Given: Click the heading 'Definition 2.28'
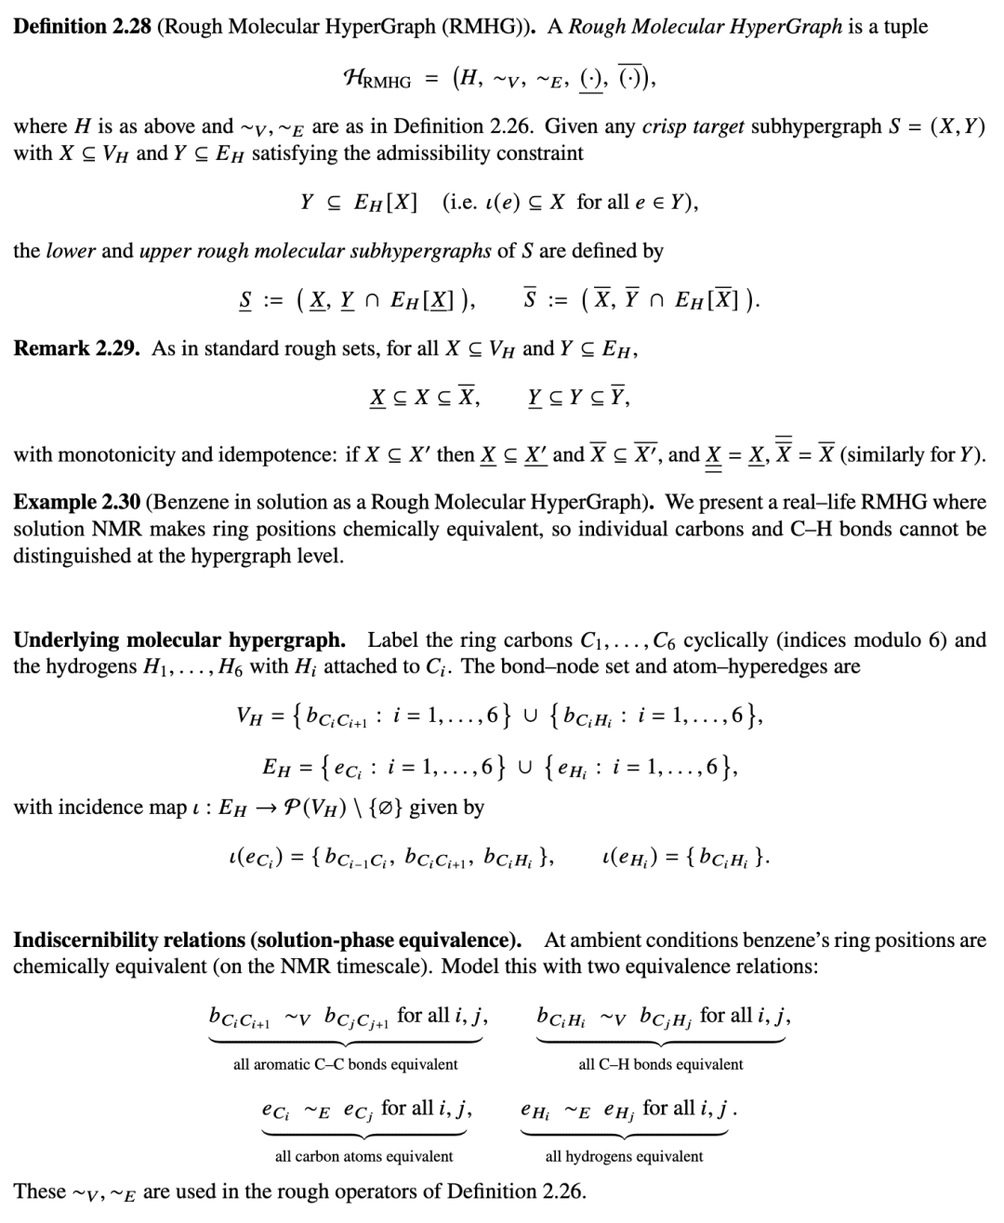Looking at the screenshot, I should [82, 26].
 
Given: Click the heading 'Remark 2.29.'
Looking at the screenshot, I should [76, 348].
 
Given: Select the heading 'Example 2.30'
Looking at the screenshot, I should [76, 502].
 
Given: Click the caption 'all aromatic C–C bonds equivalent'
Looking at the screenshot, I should [345, 1064].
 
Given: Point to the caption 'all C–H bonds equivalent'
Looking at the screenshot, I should [660, 1064].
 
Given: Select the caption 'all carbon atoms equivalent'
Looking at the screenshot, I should [363, 1156].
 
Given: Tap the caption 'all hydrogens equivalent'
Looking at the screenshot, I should [624, 1156].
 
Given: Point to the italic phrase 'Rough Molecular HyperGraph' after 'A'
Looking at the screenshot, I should [705, 26].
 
